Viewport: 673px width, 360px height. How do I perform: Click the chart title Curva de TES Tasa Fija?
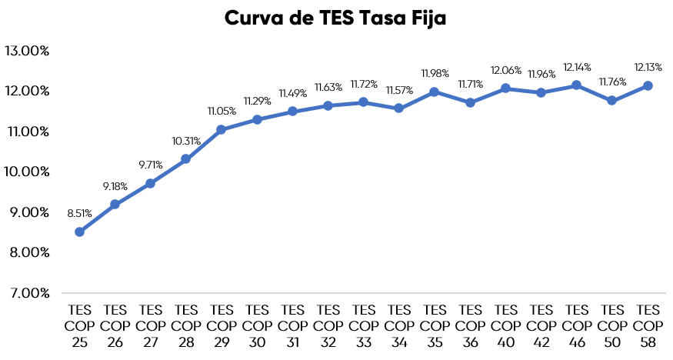335,18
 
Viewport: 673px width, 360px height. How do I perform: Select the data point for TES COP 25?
79,232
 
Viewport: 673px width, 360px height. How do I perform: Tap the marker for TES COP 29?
222,129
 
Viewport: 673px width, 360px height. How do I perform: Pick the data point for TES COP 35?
435,92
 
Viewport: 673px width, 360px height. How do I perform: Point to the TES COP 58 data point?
648,85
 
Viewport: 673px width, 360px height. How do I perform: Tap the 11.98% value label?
435,73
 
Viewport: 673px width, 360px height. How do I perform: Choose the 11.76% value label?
612,82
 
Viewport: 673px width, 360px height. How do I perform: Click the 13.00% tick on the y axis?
28,51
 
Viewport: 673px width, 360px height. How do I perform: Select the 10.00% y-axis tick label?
28,172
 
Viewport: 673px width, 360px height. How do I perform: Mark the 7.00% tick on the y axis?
28,293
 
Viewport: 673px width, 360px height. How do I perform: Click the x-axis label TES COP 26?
115,325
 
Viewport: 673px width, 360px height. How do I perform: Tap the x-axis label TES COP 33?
363,325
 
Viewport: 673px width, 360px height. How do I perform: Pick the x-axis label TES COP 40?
505,325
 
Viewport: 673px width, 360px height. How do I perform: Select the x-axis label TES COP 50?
612,325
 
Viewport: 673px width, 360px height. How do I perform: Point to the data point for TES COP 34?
398,108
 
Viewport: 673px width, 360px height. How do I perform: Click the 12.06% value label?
505,70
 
